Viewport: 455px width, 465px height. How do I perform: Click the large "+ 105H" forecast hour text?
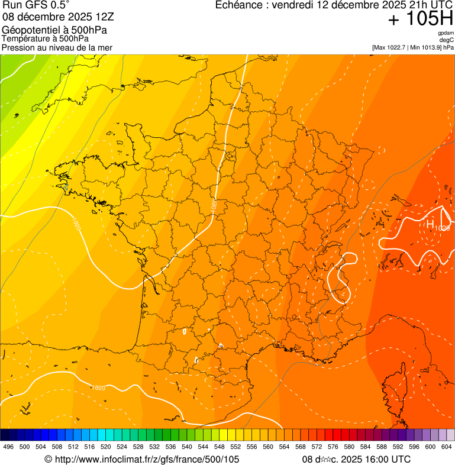point(420,20)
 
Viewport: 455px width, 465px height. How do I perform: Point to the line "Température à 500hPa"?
point(45,38)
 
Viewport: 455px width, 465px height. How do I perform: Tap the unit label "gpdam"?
point(446,34)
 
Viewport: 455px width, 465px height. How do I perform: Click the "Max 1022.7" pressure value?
point(393,47)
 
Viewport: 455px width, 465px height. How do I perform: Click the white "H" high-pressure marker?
point(430,224)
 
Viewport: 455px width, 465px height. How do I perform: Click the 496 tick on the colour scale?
point(8,447)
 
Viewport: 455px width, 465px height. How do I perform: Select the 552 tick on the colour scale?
point(235,447)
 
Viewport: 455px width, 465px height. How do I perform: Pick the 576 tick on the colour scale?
point(333,447)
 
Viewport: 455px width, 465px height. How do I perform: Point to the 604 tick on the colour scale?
point(447,447)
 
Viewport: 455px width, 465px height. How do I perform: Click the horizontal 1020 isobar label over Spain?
point(99,387)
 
